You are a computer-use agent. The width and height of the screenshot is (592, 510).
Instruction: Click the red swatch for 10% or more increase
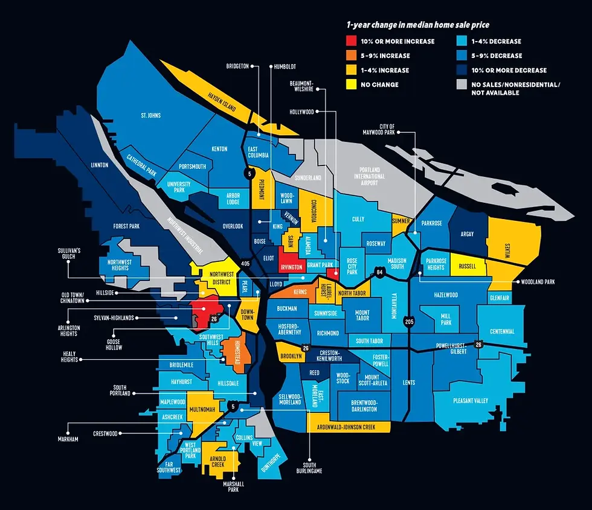(x=351, y=42)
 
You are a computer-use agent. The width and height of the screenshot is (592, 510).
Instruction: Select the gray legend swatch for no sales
(x=461, y=85)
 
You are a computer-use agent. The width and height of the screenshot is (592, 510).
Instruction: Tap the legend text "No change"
(x=380, y=85)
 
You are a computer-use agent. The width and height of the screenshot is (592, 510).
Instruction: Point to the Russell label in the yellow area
(x=468, y=266)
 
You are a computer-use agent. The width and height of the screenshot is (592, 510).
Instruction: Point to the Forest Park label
(x=126, y=226)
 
